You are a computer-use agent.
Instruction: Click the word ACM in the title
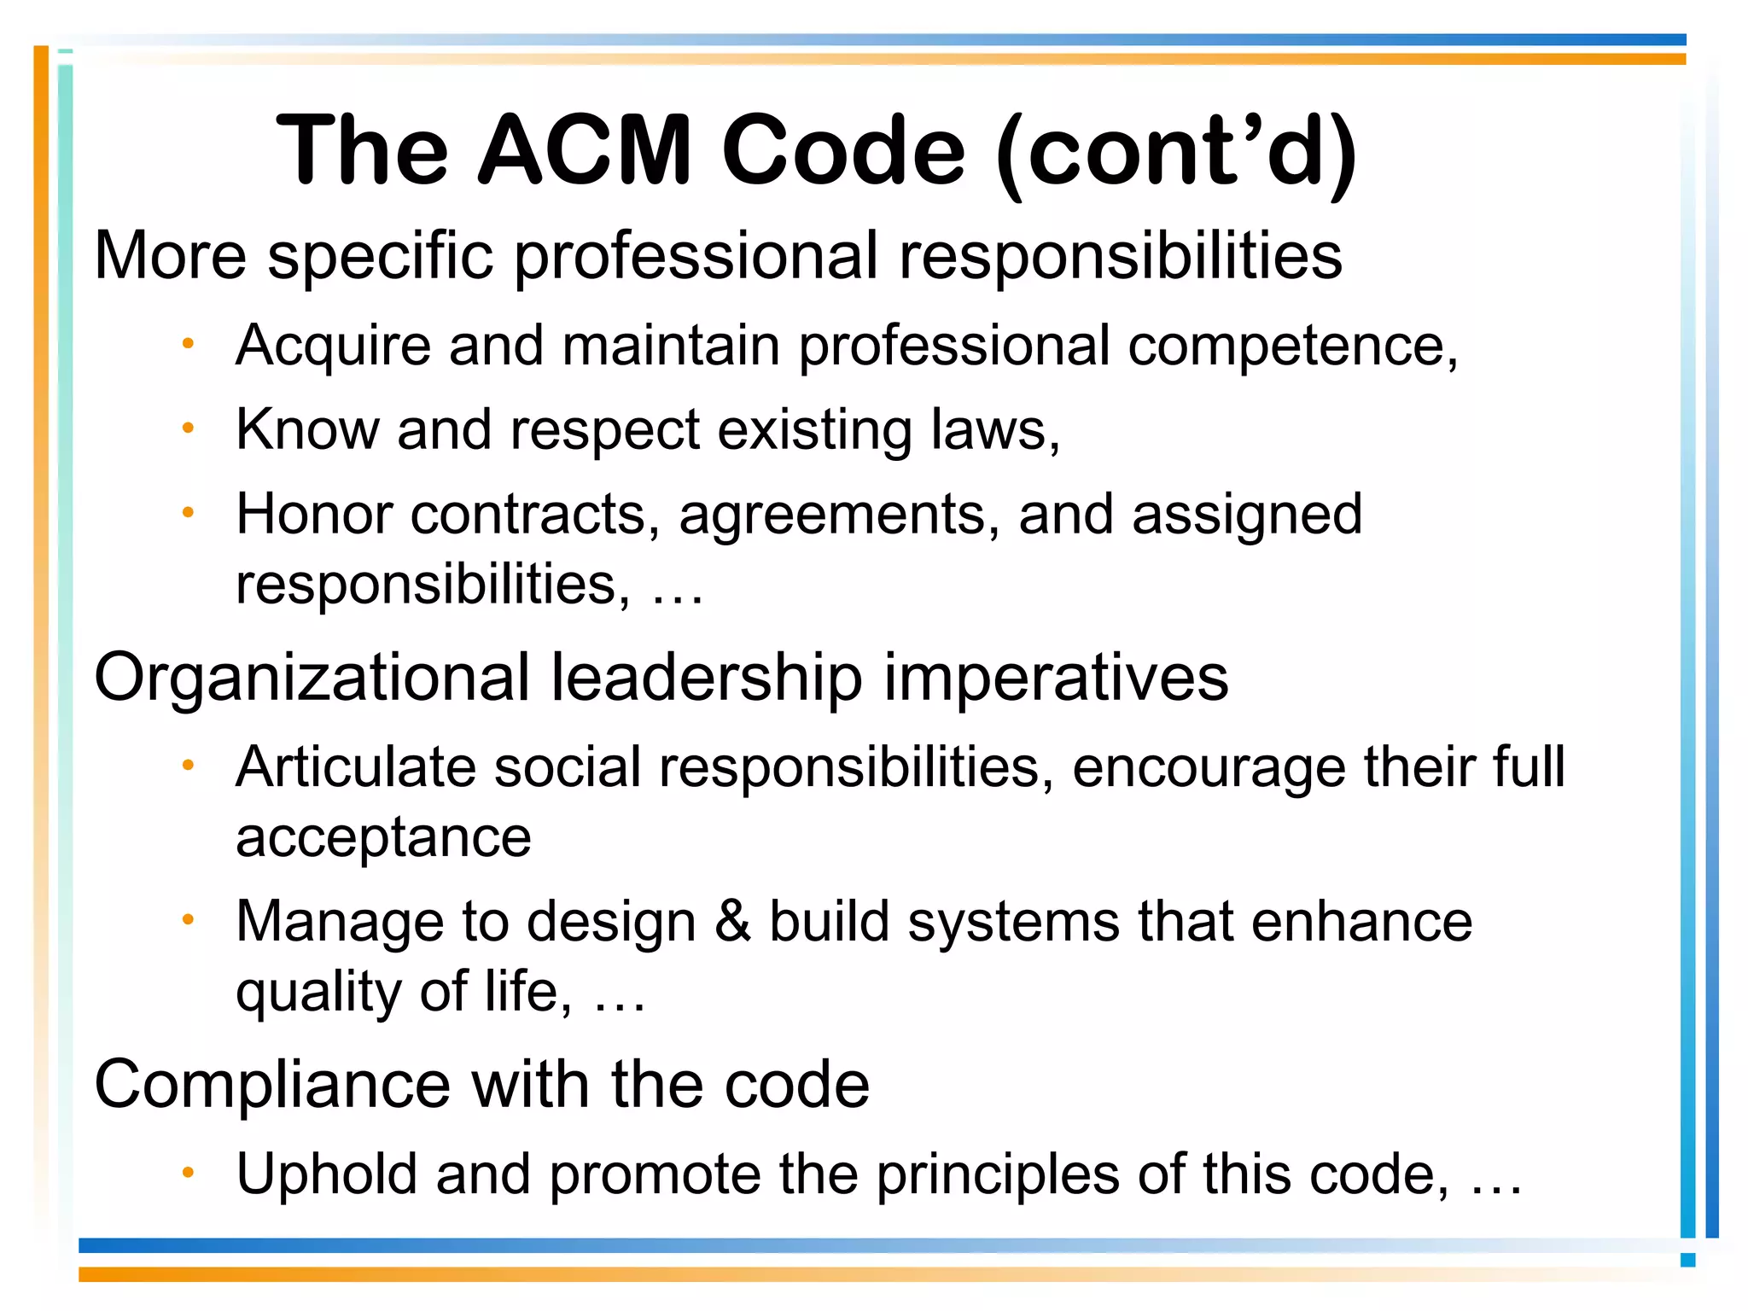pos(584,150)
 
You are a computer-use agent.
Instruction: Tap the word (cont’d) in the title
pos(1176,152)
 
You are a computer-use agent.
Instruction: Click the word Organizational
pos(312,678)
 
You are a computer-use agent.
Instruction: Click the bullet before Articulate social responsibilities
pos(189,764)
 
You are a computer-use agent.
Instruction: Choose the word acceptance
pos(383,838)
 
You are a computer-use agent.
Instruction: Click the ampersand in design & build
pos(733,922)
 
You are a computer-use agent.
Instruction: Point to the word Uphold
pos(327,1174)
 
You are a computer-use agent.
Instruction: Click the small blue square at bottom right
pos(1687,1260)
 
